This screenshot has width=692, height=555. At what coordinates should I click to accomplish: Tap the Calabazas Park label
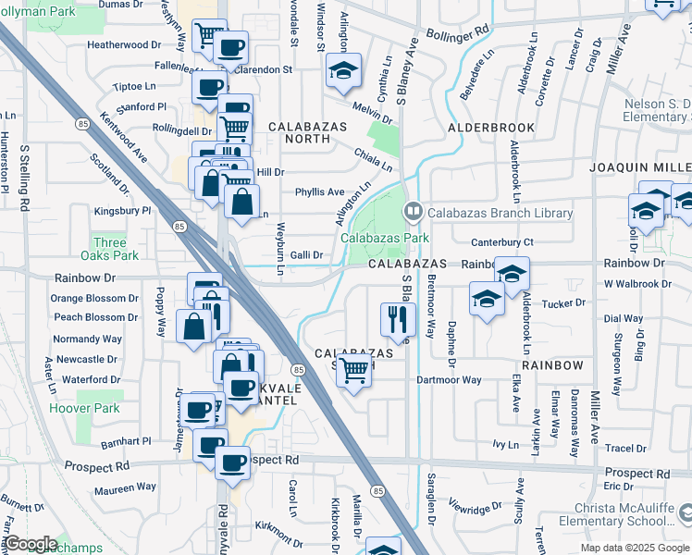pyautogui.click(x=385, y=238)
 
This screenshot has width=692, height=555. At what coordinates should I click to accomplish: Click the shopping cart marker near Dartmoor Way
pyautogui.click(x=352, y=370)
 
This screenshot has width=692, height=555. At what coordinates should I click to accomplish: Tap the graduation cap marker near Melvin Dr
pyautogui.click(x=342, y=69)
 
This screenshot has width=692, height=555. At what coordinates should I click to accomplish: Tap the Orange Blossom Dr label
pyautogui.click(x=93, y=299)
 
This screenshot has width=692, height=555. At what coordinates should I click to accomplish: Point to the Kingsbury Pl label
pyautogui.click(x=122, y=211)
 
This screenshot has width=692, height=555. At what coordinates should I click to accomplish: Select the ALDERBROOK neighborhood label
pyautogui.click(x=491, y=128)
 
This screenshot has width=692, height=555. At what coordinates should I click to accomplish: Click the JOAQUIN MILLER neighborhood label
pyautogui.click(x=640, y=167)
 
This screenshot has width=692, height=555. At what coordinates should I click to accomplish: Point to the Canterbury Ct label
pyautogui.click(x=502, y=242)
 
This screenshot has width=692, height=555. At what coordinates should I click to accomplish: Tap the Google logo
pyautogui.click(x=30, y=544)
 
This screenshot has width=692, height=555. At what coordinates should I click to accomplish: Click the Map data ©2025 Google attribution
pyautogui.click(x=634, y=548)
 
